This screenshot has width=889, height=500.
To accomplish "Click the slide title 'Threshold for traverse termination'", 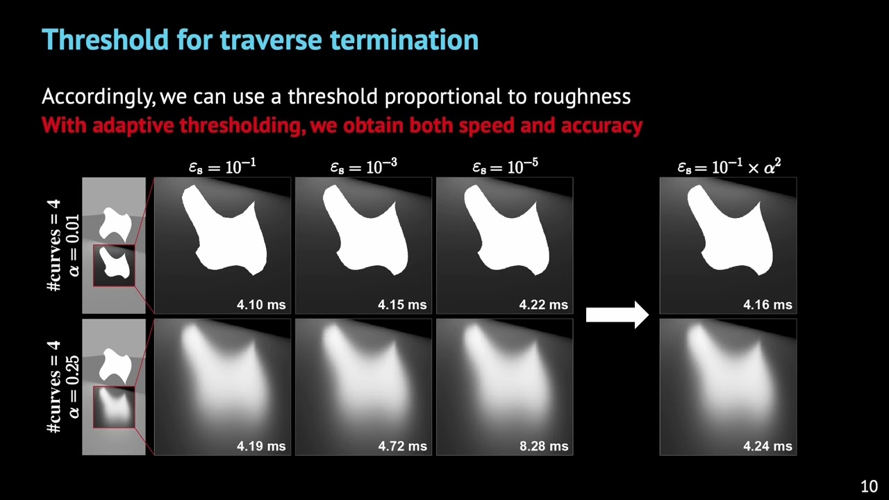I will point(260,40).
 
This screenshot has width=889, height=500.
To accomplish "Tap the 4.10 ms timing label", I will point(261,304).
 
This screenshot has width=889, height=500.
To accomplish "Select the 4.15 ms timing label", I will point(402,304).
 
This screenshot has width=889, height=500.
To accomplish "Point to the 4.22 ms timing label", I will point(543,304).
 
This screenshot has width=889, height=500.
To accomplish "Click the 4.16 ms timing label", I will point(767,304).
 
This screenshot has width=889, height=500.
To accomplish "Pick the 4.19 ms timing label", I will point(261,446).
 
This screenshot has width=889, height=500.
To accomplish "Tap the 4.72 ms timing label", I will point(402,446).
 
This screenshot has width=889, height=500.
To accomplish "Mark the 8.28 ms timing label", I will point(543,446).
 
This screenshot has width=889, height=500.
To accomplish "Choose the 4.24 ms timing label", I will point(767,446).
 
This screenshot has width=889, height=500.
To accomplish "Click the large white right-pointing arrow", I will point(617,315).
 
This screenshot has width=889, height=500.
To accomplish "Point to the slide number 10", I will point(869,486).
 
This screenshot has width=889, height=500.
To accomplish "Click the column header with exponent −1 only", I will point(222,167).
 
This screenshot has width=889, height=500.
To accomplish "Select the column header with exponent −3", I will point(363,167).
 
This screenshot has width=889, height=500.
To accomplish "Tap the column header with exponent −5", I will point(505,167).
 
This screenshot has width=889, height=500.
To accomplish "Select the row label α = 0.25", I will point(74,387).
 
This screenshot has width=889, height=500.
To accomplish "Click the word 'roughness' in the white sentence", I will point(581,97).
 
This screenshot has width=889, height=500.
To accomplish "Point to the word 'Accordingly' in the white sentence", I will point(99,97).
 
